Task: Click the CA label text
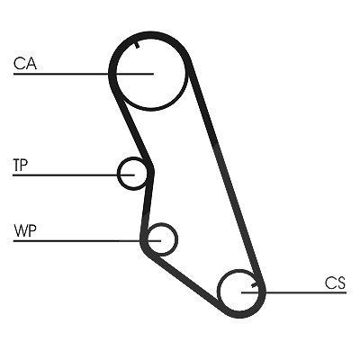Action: click(x=25, y=64)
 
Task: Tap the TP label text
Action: click(x=21, y=165)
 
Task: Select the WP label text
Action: click(x=25, y=230)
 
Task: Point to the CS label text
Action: click(x=335, y=283)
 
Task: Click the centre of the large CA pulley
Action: click(x=151, y=74)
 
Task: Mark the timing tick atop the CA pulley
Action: click(x=137, y=45)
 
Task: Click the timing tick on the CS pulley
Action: click(x=255, y=284)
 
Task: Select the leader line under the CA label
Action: click(x=84, y=74)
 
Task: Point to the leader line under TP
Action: click(x=74, y=175)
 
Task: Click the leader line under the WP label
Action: click(x=87, y=240)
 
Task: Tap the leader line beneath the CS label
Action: click(x=294, y=292)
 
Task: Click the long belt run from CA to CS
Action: click(x=225, y=171)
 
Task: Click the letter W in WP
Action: click(x=21, y=230)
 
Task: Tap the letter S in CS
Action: click(x=341, y=283)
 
